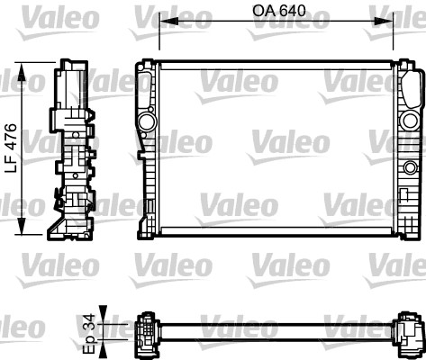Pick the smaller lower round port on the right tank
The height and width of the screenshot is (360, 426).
pos(412,166)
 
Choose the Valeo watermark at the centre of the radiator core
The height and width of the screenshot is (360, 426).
pos(277,140)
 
